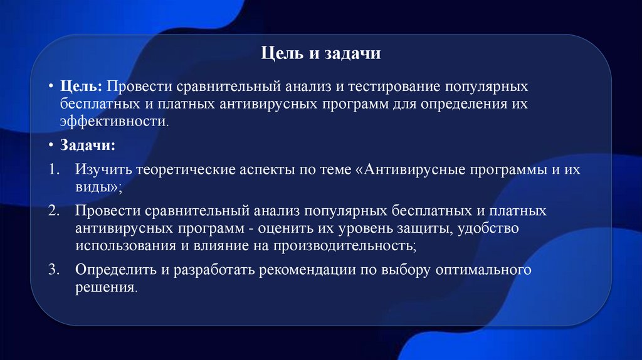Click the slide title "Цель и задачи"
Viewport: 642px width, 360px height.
(x=320, y=55)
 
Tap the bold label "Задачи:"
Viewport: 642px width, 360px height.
(x=87, y=146)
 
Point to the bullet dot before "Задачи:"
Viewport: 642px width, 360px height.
(x=50, y=146)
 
